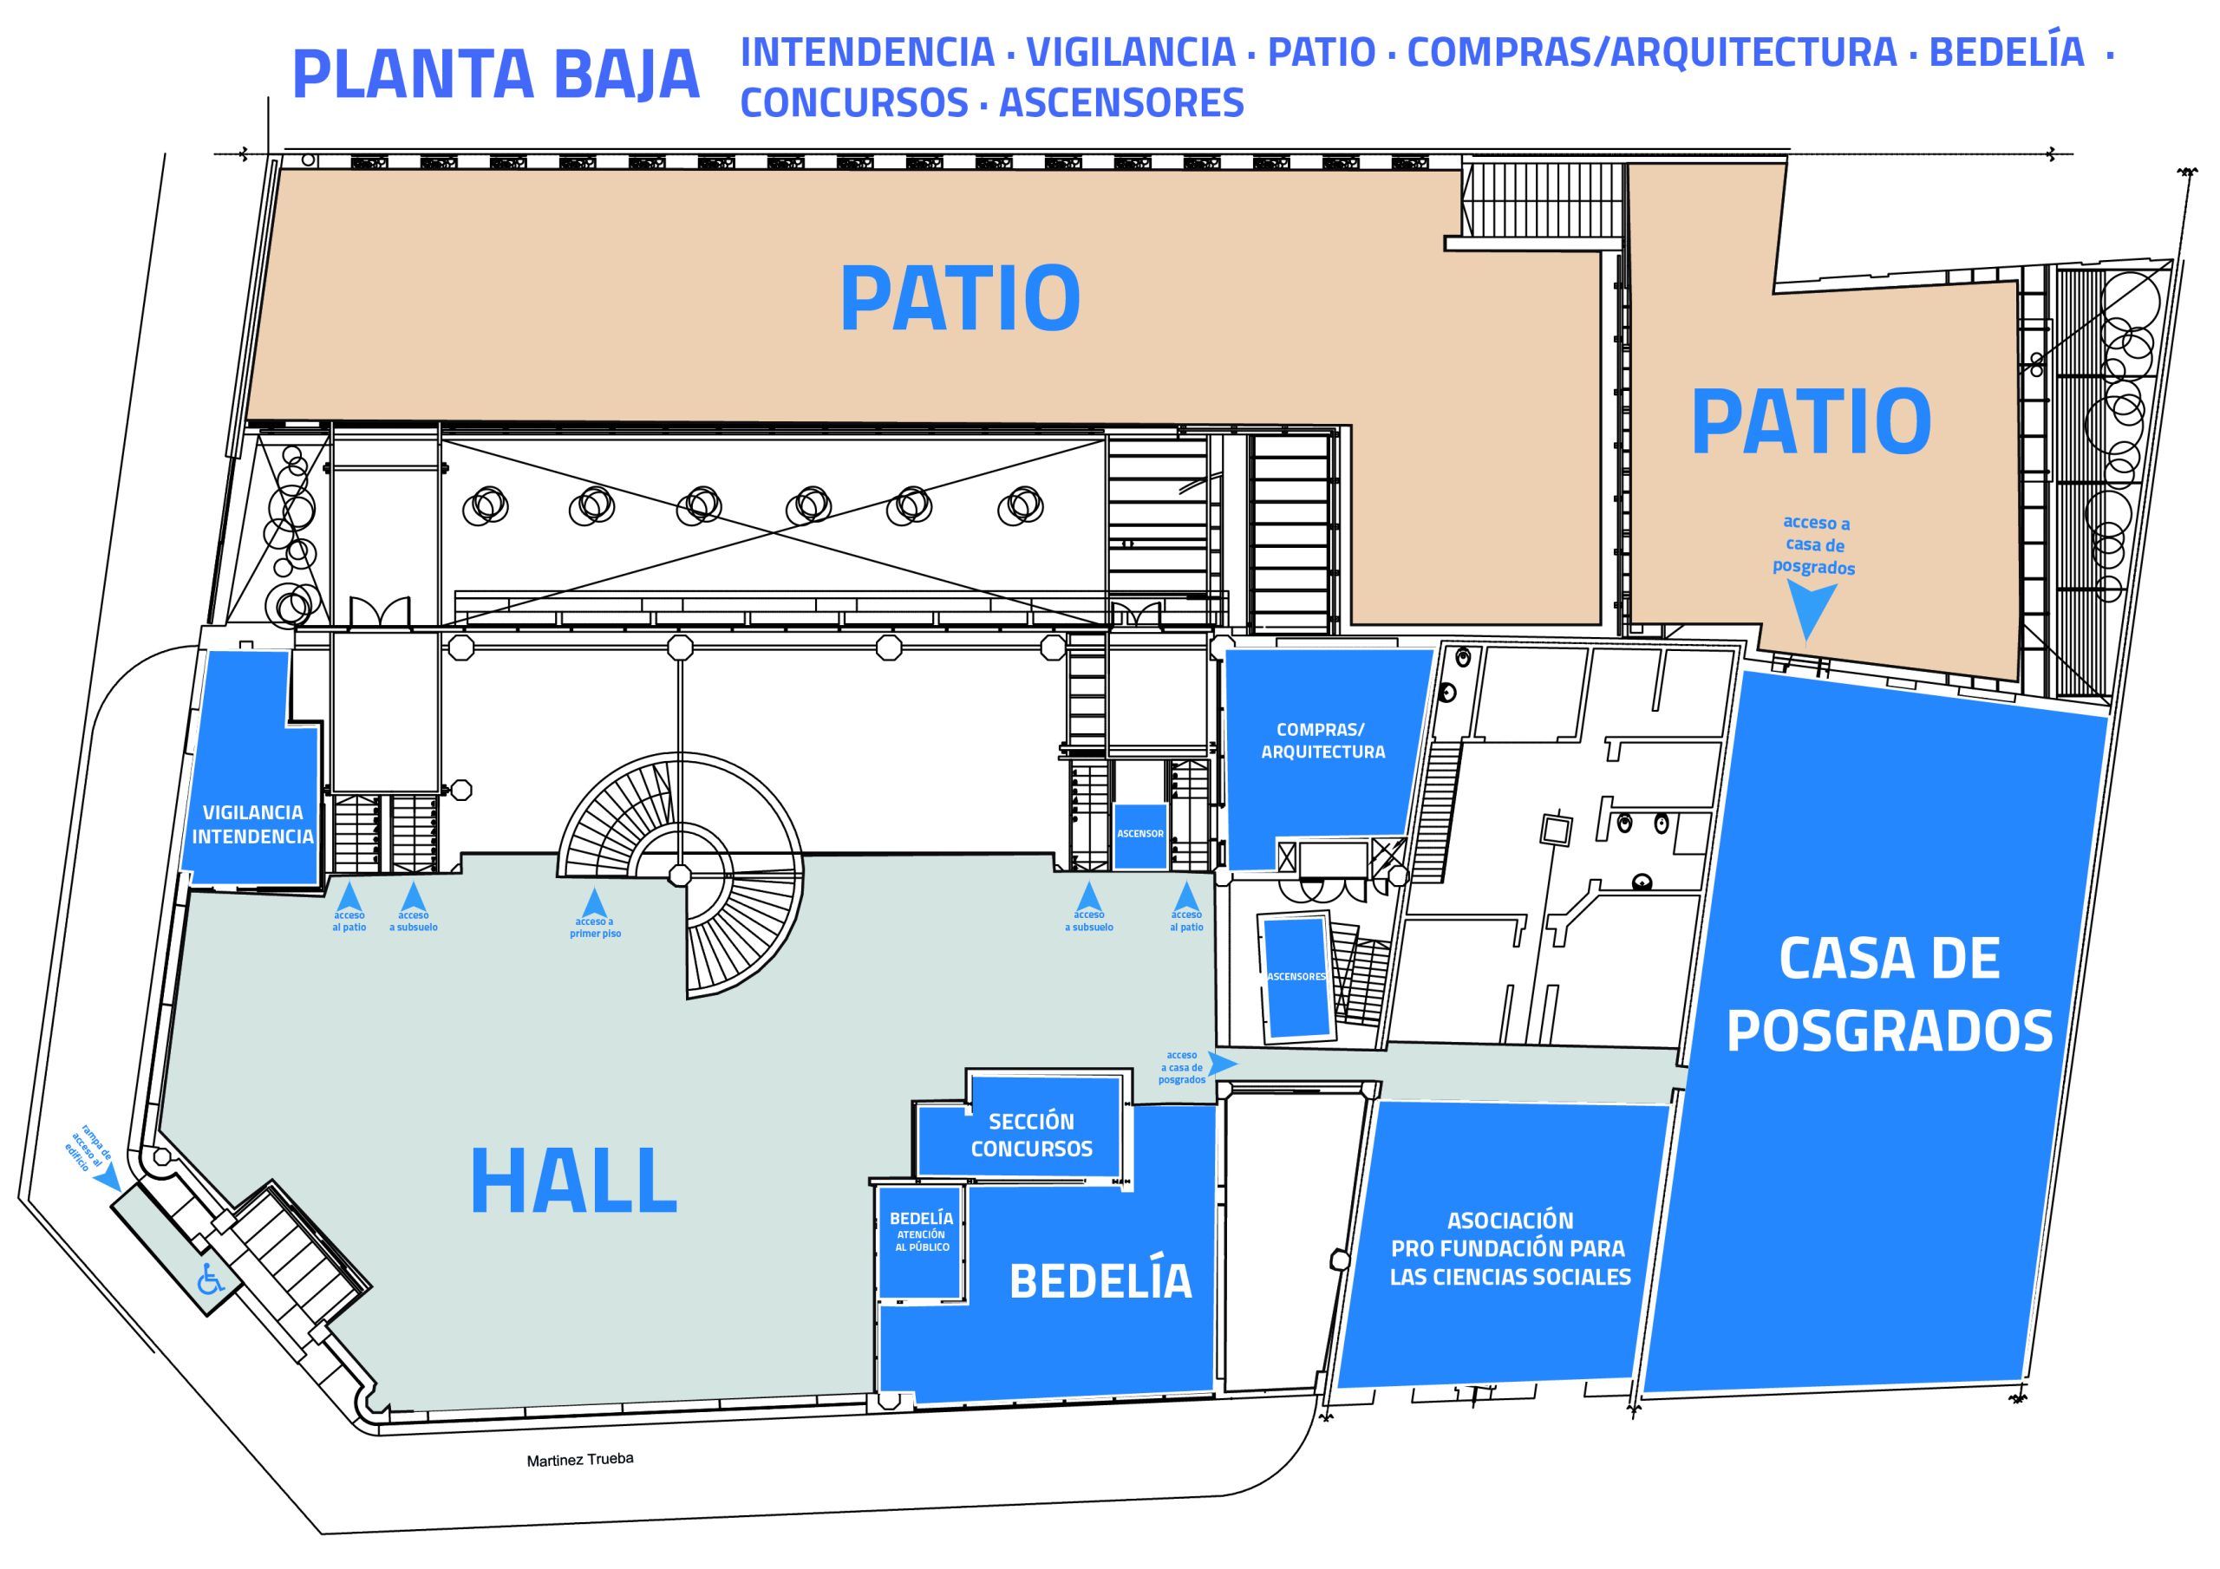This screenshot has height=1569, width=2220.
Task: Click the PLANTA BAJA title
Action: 495,75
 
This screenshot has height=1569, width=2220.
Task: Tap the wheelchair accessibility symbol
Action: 210,1279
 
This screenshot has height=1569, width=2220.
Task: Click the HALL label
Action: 573,1181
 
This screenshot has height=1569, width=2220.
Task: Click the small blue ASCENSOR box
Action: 1140,836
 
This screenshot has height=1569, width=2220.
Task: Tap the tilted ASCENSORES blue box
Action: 1296,979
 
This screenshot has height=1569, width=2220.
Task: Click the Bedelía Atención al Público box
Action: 920,1240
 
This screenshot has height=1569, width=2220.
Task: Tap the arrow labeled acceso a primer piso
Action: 595,901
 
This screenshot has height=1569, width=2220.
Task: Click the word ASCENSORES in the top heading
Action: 1121,102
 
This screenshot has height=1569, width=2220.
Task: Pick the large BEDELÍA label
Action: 1100,1282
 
